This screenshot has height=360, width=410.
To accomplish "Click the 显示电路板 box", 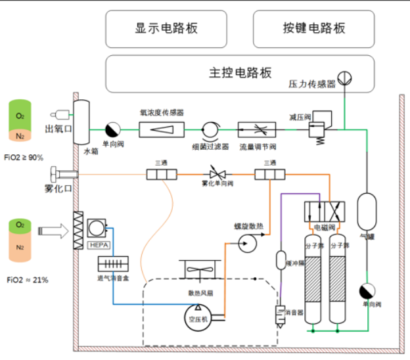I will click(x=166, y=28).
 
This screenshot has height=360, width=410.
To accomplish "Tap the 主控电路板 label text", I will click(x=240, y=72).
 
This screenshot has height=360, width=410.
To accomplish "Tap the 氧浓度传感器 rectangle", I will click(x=161, y=129).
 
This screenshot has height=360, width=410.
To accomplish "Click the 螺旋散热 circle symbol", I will click(x=248, y=244).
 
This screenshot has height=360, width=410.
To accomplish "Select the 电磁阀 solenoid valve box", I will click(x=320, y=213).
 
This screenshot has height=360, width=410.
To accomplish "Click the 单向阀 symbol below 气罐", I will click(x=366, y=291).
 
